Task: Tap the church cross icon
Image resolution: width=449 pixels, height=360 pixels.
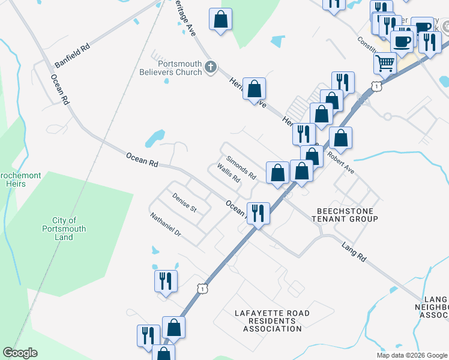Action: click(x=210, y=67)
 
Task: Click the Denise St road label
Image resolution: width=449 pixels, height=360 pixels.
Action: click(x=184, y=202)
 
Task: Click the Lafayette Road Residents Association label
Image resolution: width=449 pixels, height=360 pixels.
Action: click(x=272, y=320)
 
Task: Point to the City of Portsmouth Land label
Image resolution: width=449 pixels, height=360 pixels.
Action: click(x=64, y=229)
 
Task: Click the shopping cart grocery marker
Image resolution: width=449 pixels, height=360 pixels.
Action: click(x=385, y=62)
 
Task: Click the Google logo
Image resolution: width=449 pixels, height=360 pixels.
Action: click(x=20, y=353)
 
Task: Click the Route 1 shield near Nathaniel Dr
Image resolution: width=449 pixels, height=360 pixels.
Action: click(x=203, y=289)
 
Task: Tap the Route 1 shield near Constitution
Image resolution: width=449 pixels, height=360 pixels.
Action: click(x=376, y=87)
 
